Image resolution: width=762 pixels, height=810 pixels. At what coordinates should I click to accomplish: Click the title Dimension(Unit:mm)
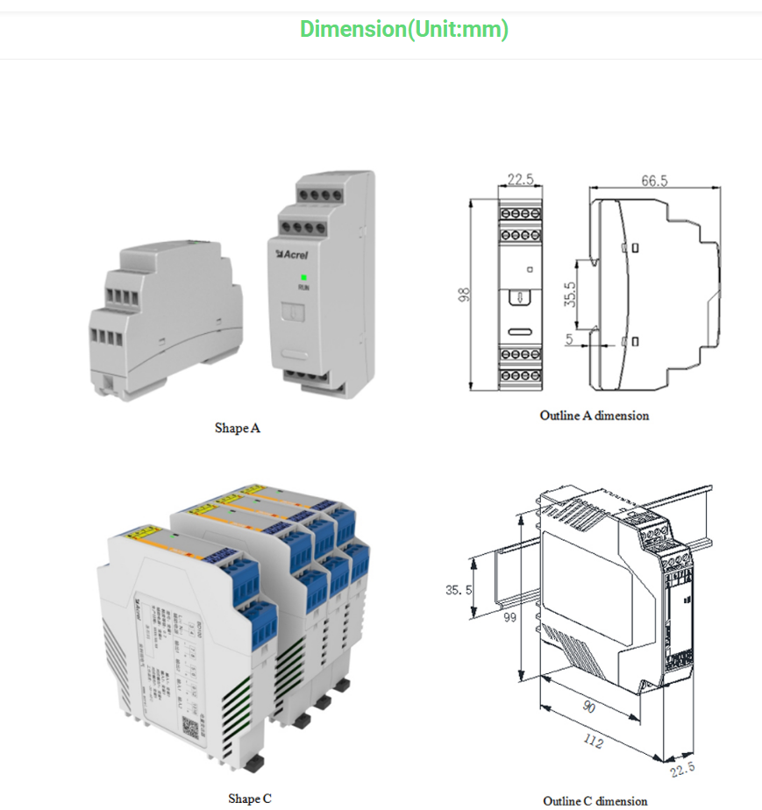pos(403,29)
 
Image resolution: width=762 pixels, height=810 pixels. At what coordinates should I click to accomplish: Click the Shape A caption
pos(238,428)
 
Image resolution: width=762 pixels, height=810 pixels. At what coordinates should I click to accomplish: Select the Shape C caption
pos(250,798)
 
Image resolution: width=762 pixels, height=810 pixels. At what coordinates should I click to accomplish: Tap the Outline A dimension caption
pos(595,416)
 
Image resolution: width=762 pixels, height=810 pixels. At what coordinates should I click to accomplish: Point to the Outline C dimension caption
pos(595,800)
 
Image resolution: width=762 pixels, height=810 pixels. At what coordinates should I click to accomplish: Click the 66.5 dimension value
pos(654,181)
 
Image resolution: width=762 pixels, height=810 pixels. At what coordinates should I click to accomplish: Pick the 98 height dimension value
pos(465,295)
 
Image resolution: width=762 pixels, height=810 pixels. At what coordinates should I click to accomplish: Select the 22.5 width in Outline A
pos(520,180)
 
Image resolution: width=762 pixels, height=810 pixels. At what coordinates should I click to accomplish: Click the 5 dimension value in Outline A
pos(570,337)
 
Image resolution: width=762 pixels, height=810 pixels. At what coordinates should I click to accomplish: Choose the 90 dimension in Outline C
pos(590,707)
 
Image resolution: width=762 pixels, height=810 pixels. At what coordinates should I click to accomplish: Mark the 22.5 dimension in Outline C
pos(682,768)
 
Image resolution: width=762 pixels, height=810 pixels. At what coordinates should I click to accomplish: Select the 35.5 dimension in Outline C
pos(458,590)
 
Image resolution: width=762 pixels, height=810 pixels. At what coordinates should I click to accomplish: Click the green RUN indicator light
pos(303,277)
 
